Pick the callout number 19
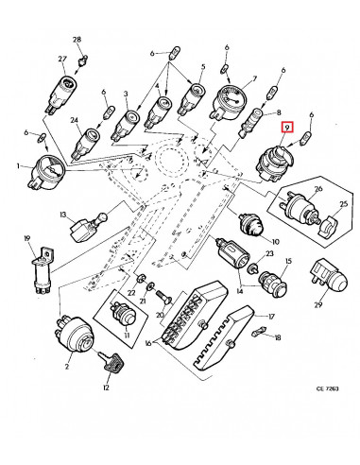pos(28,240)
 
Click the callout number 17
pos(270,317)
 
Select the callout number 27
pos(63,59)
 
